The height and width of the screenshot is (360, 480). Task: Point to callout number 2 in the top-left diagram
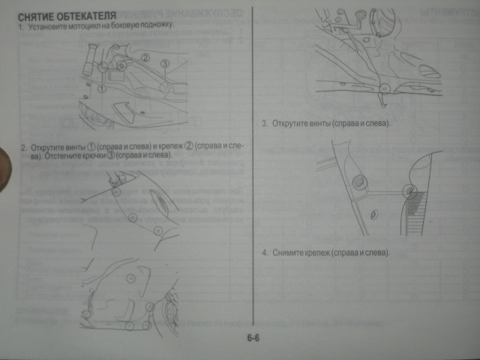click(x=145, y=57)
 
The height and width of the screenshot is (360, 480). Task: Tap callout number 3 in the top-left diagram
click(x=165, y=64)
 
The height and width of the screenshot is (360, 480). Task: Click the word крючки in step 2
click(x=91, y=155)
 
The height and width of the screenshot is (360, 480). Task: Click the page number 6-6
click(x=252, y=338)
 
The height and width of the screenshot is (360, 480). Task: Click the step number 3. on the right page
click(x=265, y=123)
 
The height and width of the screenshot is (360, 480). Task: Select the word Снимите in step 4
click(x=286, y=253)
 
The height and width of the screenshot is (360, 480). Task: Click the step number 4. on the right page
click(x=265, y=253)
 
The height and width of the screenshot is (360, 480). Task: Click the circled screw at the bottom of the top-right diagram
click(x=383, y=88)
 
